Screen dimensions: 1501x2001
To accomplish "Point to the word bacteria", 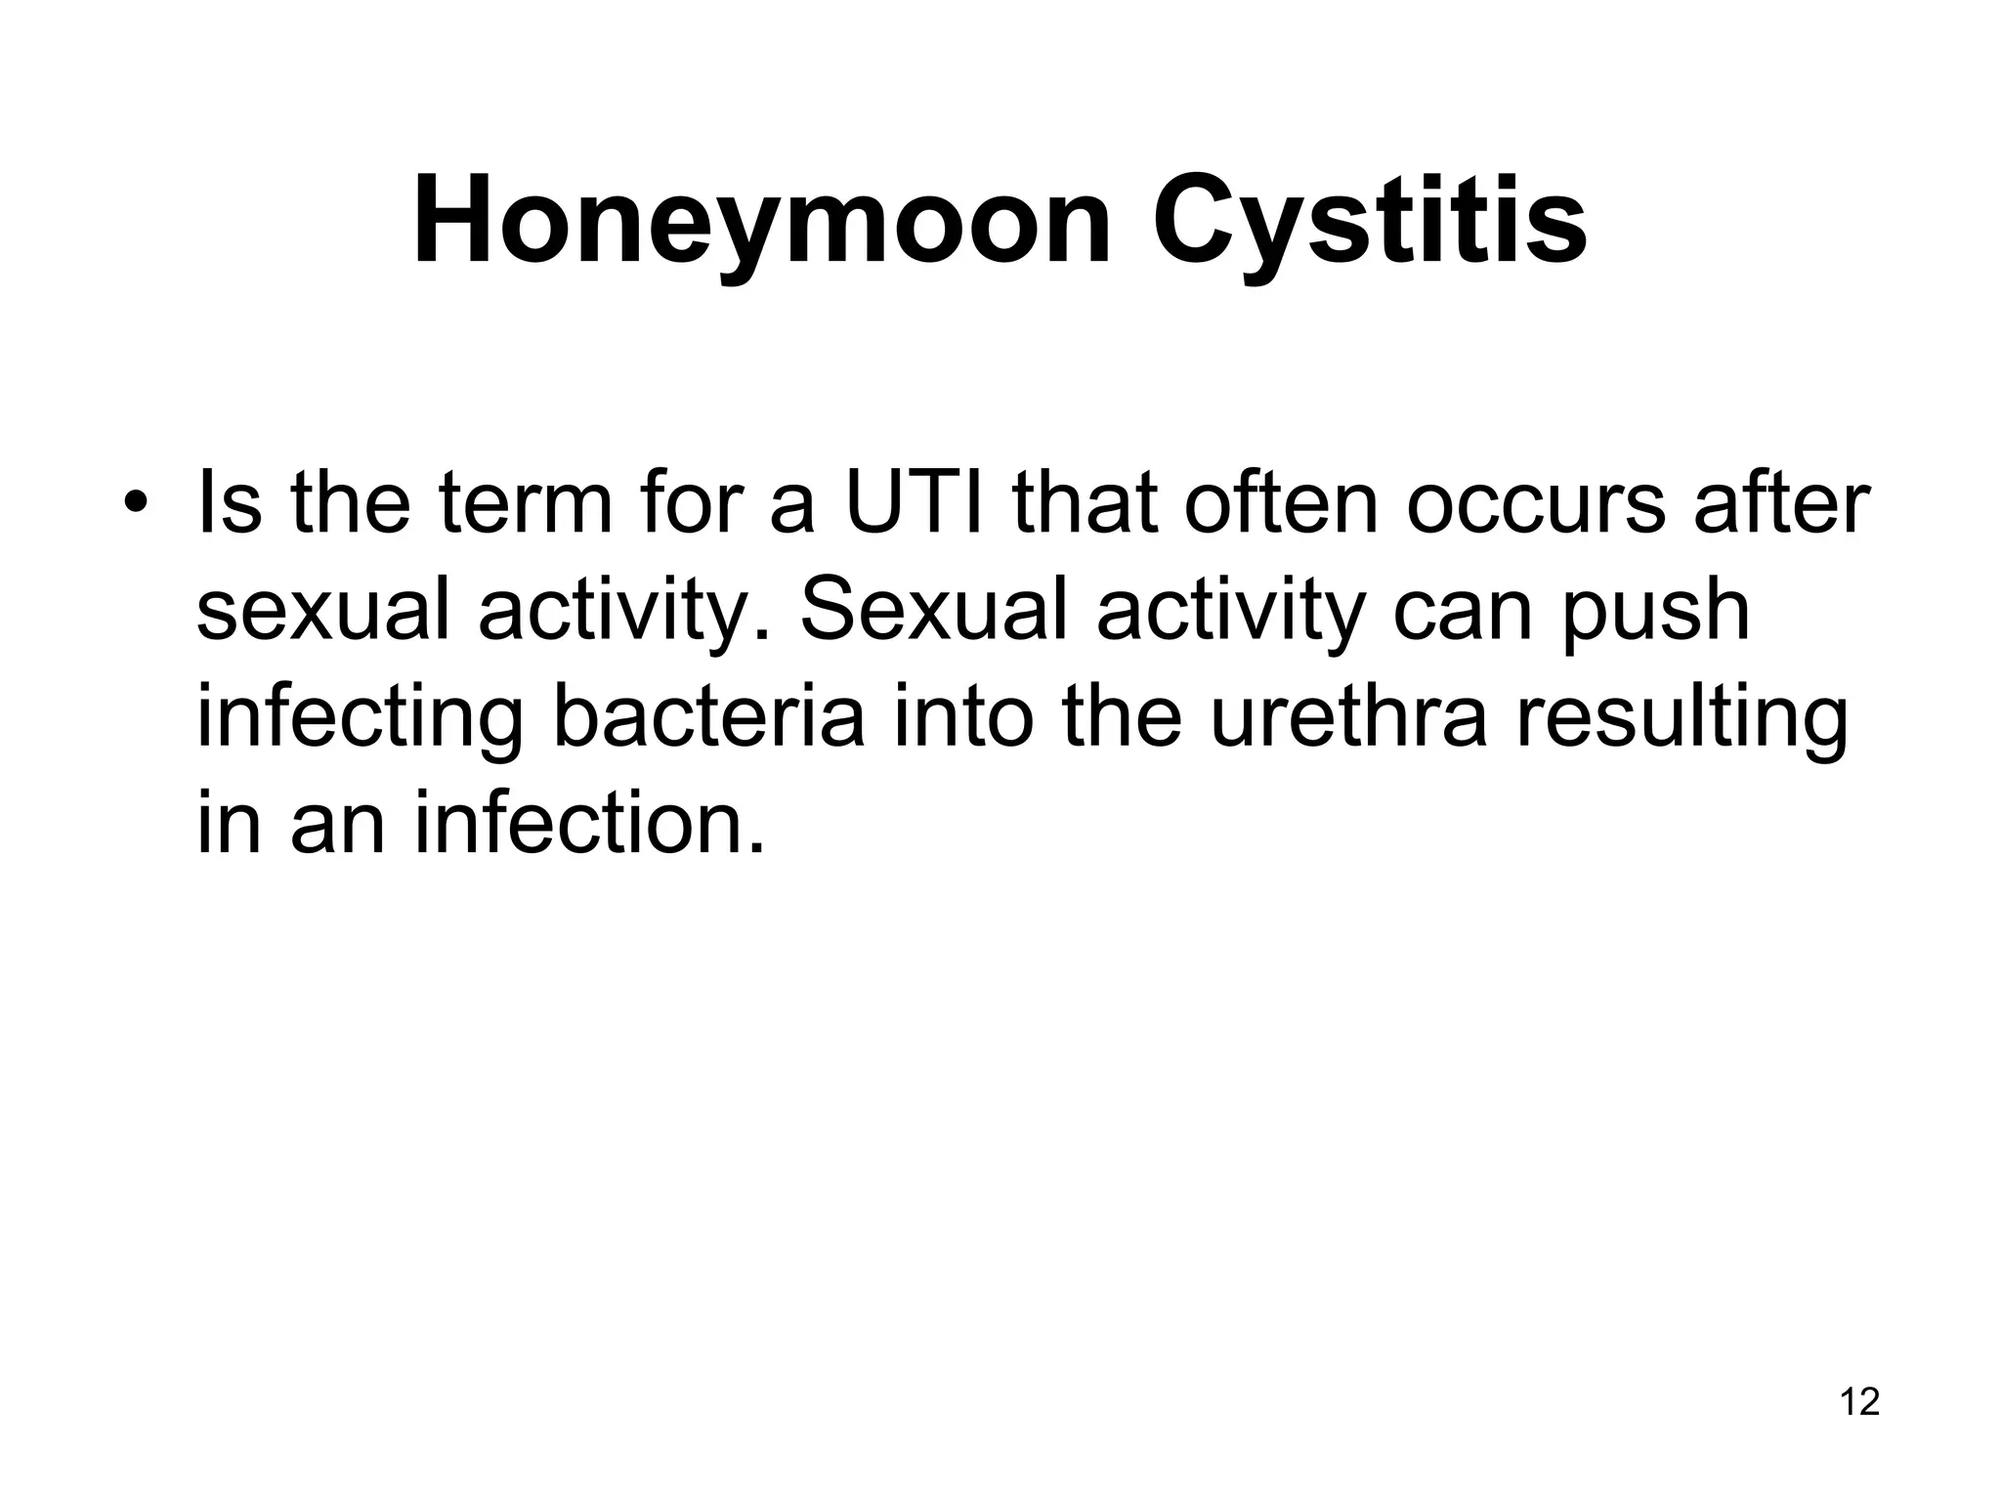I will tap(709, 718).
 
